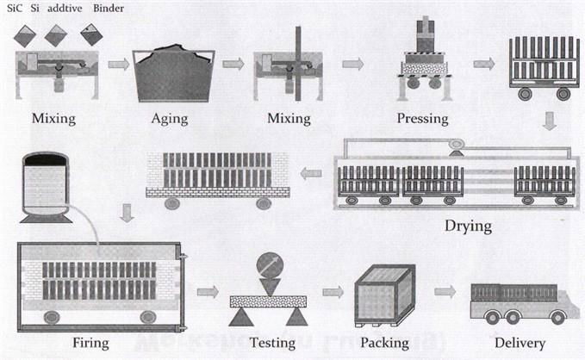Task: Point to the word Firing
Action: (91, 343)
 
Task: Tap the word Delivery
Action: (513, 343)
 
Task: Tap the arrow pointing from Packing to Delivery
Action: (445, 291)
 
